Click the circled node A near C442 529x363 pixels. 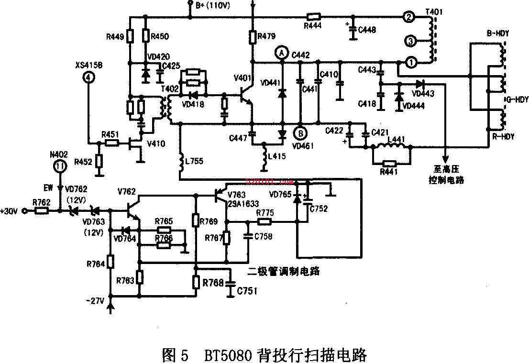pyautogui.click(x=282, y=52)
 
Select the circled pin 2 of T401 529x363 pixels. pyautogui.click(x=408, y=17)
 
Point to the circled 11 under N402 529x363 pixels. pyautogui.click(x=59, y=166)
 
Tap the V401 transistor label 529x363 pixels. pyautogui.click(x=242, y=78)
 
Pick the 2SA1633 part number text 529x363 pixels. pyautogui.click(x=242, y=203)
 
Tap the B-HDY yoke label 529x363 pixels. pyautogui.click(x=498, y=34)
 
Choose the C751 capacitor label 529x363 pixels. pyautogui.click(x=248, y=290)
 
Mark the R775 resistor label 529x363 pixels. pyautogui.click(x=264, y=212)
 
